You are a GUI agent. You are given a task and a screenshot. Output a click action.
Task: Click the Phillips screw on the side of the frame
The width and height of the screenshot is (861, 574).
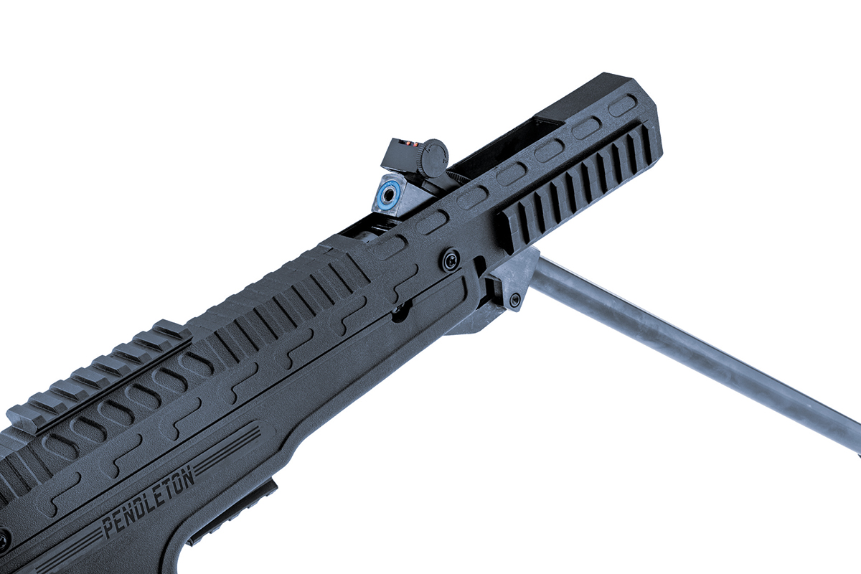pos(451,260)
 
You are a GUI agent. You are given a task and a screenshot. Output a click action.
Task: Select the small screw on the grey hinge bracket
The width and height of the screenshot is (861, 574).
pos(514,299)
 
